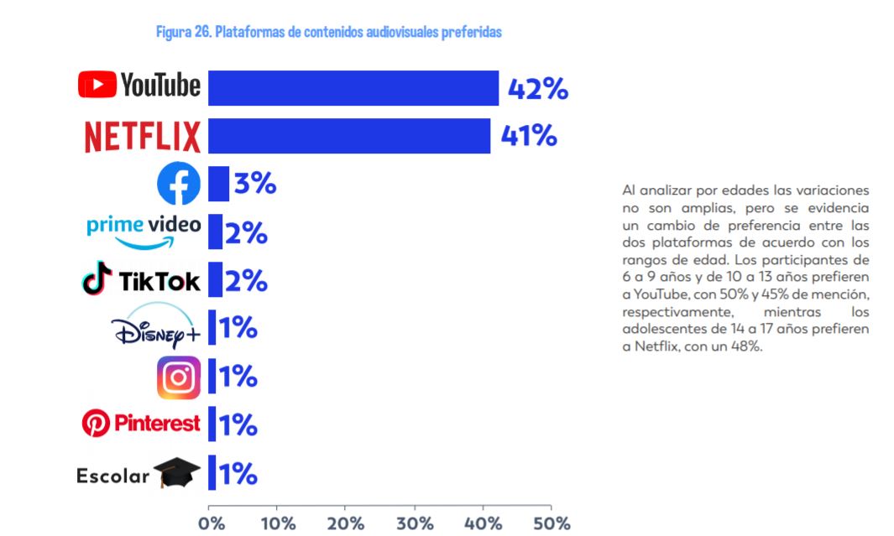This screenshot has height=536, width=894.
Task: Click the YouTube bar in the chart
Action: point(353,88)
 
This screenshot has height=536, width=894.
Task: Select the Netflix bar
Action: point(349,136)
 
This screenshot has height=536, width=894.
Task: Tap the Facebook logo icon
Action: point(179,184)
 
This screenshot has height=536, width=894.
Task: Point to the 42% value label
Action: point(537,89)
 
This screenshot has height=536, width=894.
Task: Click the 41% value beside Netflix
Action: point(529,136)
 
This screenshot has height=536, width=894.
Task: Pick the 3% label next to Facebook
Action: point(255,184)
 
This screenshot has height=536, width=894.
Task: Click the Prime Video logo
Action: point(144,232)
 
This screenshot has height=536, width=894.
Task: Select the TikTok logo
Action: point(141,279)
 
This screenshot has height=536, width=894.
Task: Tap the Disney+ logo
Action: point(155,325)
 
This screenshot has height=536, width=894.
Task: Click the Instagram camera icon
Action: point(179,377)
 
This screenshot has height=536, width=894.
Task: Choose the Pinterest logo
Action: point(141,424)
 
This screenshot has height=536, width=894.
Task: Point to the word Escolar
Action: point(112,476)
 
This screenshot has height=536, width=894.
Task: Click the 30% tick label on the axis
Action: point(415,523)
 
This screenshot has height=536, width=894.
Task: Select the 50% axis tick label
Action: point(552,523)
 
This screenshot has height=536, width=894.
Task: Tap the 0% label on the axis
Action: point(212,523)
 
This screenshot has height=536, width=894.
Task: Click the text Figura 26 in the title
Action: point(184,32)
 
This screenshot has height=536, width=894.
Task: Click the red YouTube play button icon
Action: point(97,85)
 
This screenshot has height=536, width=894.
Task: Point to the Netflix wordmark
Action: point(143,137)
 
